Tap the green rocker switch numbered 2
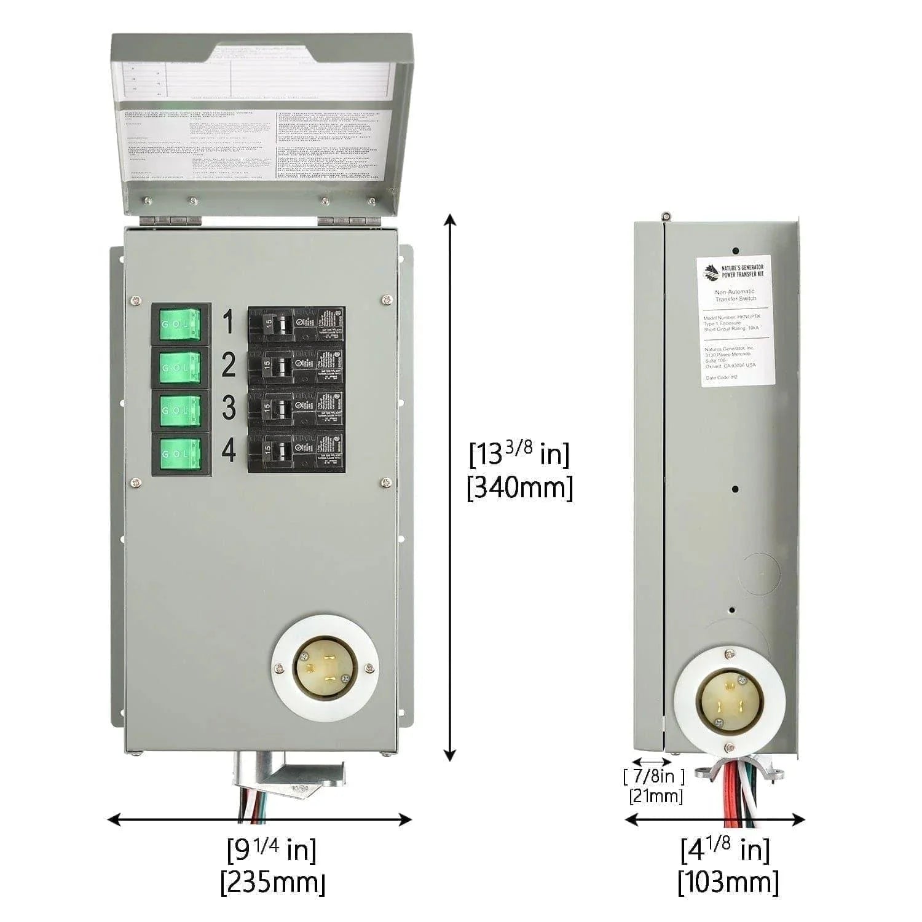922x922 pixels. [181, 367]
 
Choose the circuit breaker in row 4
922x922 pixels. [296, 452]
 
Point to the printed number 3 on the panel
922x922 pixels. [229, 408]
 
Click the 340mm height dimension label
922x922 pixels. [520, 489]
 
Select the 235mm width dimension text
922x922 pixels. [273, 883]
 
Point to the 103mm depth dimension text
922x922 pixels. [728, 883]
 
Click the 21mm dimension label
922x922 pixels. [656, 796]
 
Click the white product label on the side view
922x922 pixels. [735, 321]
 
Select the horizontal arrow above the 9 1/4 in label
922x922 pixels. [259, 819]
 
